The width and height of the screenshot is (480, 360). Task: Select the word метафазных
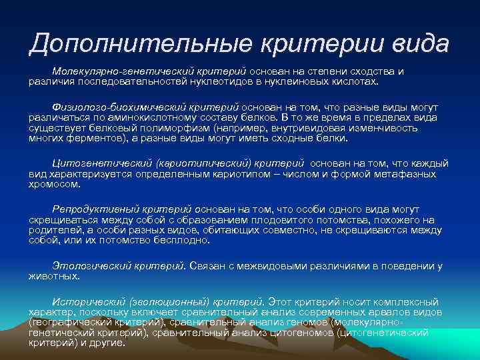(x=407, y=173)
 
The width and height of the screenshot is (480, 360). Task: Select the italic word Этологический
(x=85, y=266)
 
